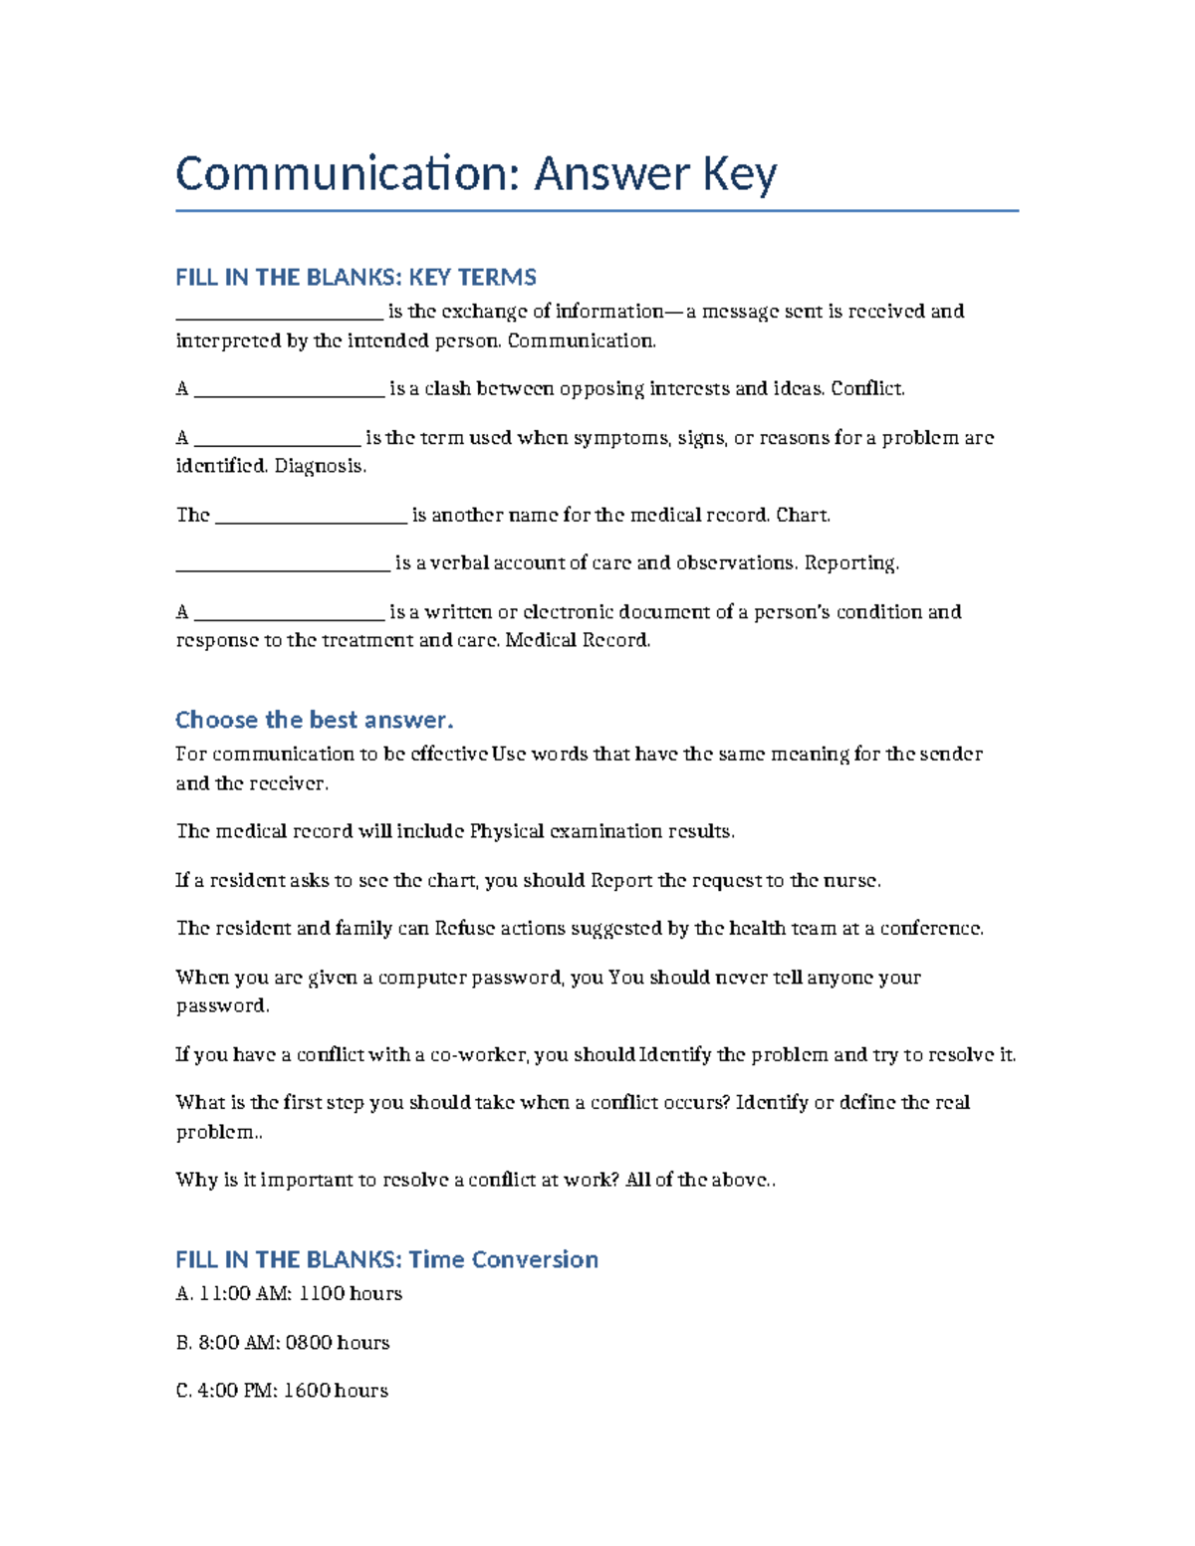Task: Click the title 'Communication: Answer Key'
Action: coord(476,174)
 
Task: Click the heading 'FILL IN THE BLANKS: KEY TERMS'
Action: coord(356,277)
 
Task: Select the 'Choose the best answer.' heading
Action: coord(314,720)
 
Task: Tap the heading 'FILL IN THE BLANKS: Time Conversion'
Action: coord(386,1259)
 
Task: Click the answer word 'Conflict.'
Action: coord(867,389)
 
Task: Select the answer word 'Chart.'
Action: coord(803,515)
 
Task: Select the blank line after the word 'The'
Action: coord(311,517)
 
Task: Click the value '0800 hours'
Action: coord(338,1343)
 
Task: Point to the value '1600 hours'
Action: coord(336,1391)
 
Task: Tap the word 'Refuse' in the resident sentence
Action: coord(464,929)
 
